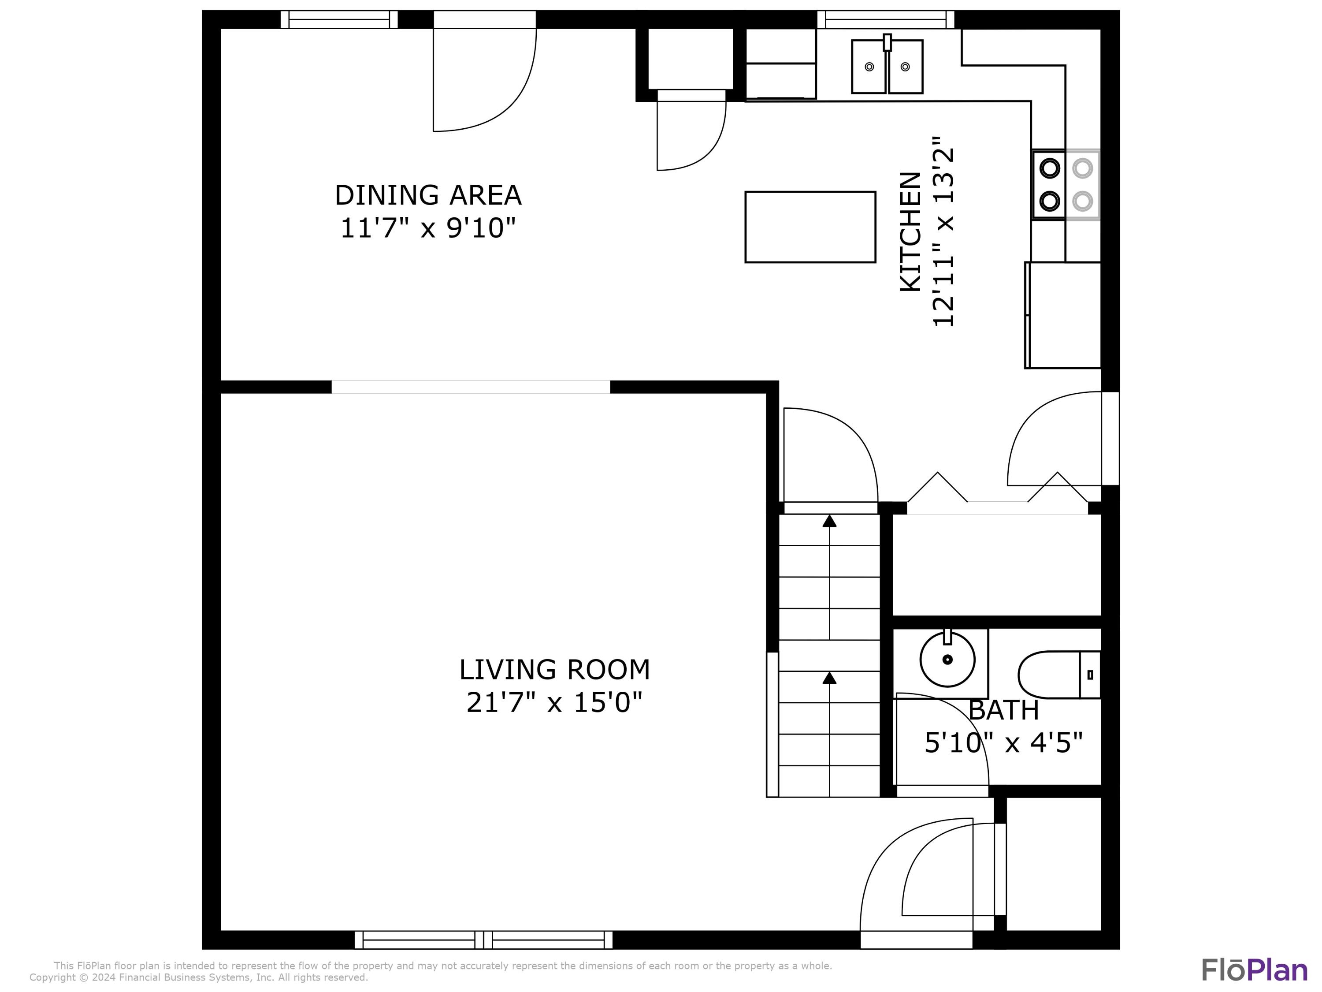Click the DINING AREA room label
click(428, 195)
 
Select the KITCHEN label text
click(911, 232)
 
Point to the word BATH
click(1003, 710)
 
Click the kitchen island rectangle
click(810, 227)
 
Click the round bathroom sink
click(947, 660)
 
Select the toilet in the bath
click(1059, 675)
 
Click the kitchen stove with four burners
click(1066, 185)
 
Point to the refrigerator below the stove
click(1062, 315)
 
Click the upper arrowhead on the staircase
click(829, 521)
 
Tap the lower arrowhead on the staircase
click(829, 678)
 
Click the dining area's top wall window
click(339, 19)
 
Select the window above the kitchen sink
click(886, 19)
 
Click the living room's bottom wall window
click(483, 940)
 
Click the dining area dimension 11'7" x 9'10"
click(428, 228)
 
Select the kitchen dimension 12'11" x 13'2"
click(943, 232)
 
